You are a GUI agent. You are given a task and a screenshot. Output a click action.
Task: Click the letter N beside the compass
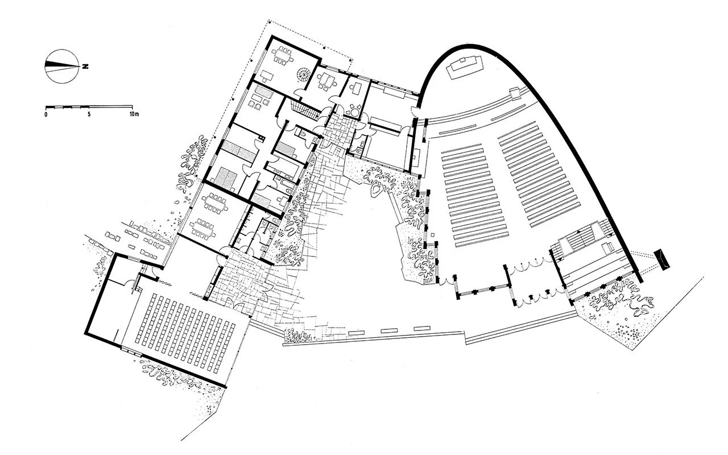pos(85,67)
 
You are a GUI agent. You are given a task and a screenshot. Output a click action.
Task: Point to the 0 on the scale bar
pos(45,114)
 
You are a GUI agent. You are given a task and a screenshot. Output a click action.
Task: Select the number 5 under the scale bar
pos(89,114)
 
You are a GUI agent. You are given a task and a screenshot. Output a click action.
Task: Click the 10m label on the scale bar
pos(134,114)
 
